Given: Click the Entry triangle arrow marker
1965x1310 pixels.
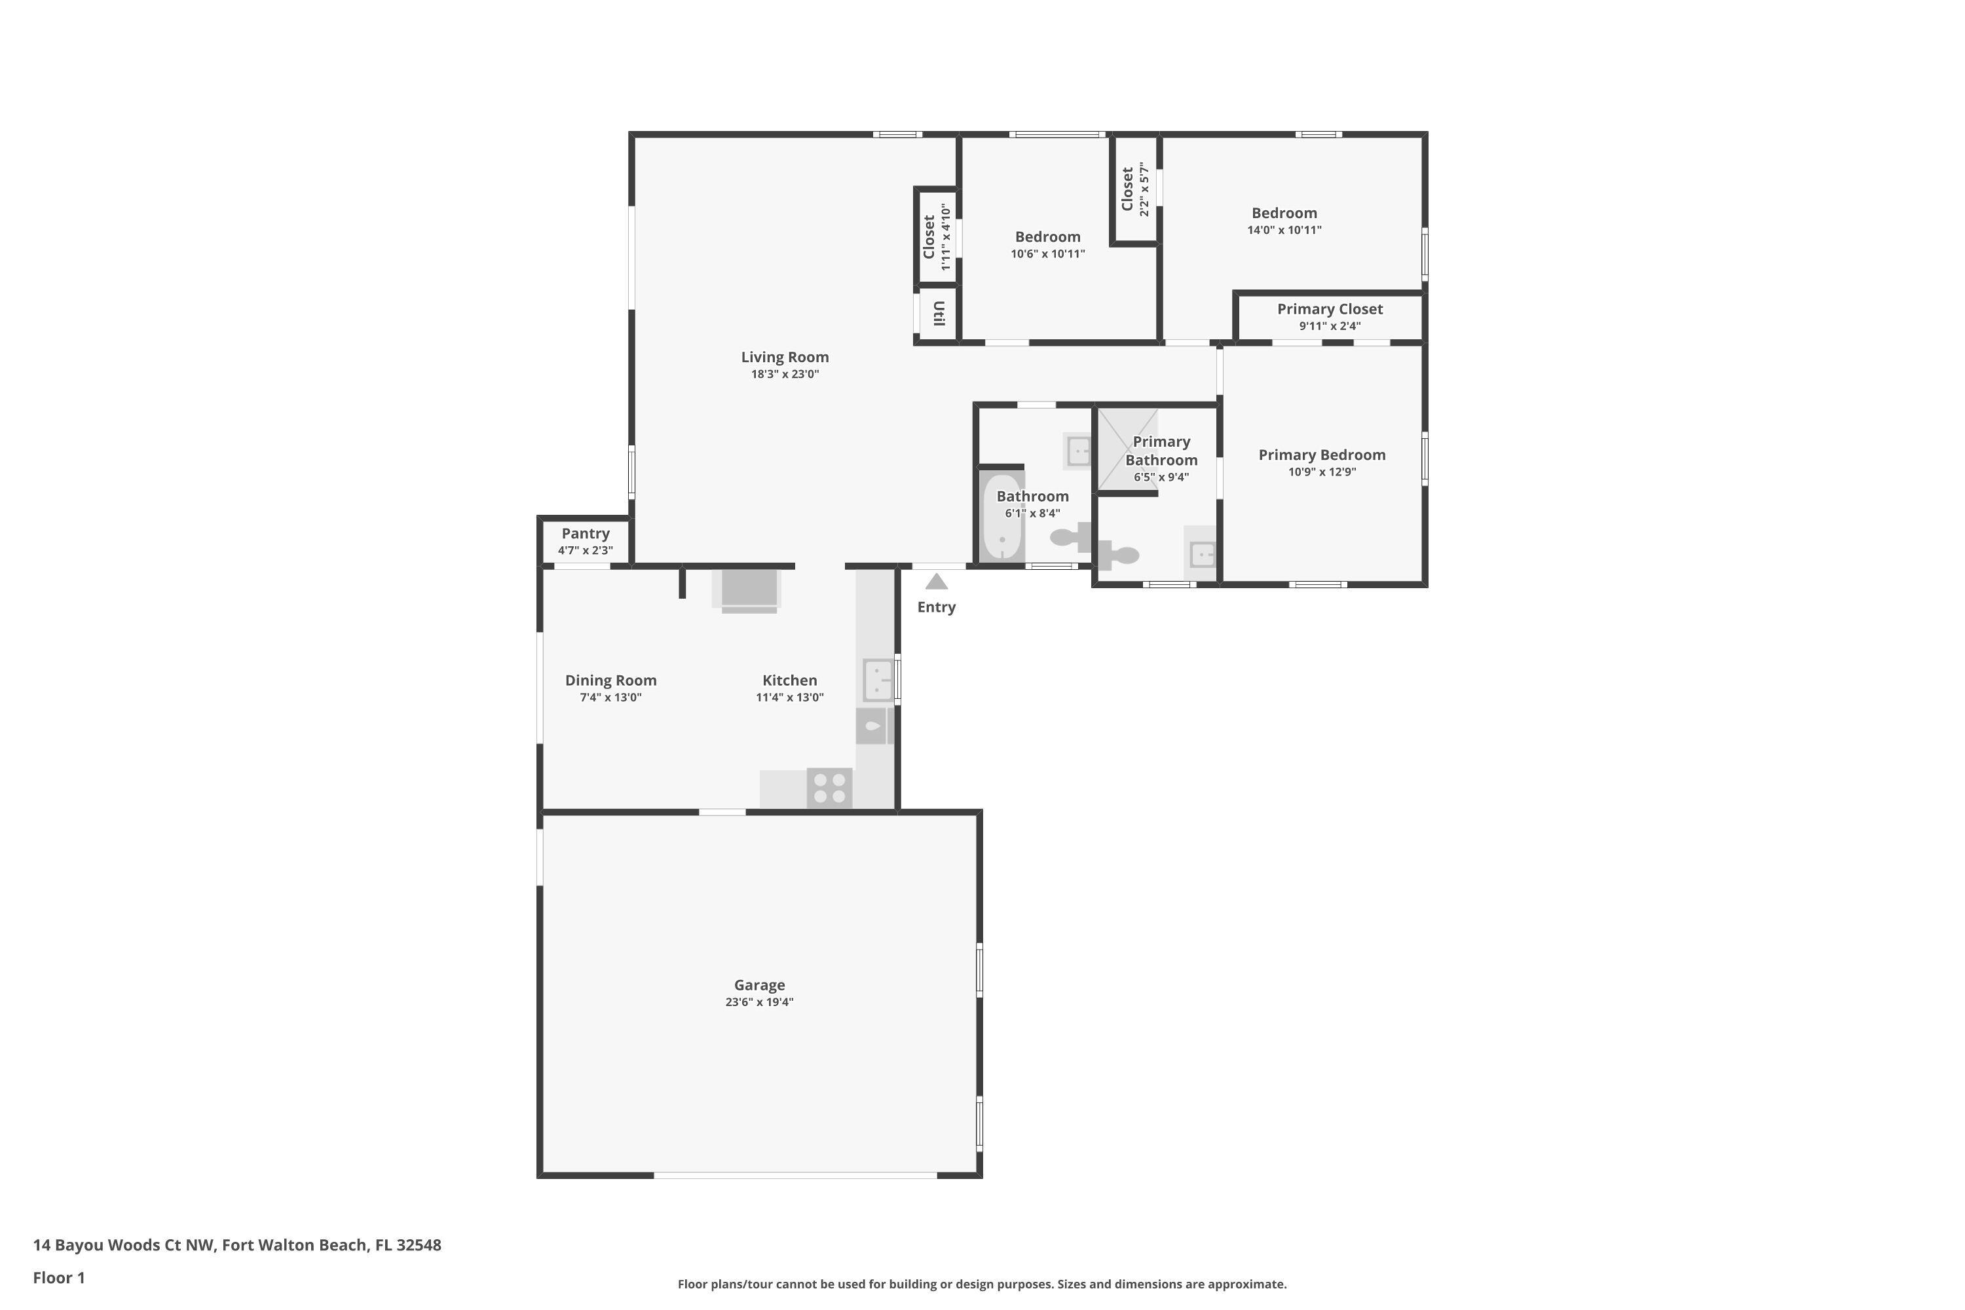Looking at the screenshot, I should (936, 582).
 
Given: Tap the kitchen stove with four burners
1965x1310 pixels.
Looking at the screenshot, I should (829, 788).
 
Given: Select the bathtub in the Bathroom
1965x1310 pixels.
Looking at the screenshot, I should (1001, 518).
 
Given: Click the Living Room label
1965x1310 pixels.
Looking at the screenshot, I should (785, 357).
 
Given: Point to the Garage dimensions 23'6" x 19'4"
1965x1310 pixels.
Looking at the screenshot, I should (758, 1001).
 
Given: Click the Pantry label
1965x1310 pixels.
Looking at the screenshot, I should (585, 533).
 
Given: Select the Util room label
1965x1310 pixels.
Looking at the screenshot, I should (938, 313).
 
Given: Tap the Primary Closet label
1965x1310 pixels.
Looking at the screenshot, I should (1329, 309).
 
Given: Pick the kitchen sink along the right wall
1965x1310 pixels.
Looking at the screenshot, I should (877, 679).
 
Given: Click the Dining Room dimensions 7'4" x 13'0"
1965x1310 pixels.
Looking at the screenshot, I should (610, 698).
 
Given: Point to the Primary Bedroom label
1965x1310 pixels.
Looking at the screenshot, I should (1322, 455).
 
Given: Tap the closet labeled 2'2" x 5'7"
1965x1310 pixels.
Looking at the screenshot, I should (1134, 190).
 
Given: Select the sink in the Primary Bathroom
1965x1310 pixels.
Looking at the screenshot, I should (1201, 554).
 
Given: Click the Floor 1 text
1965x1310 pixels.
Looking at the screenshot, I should (58, 1277).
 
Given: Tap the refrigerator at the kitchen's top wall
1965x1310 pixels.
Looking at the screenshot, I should (749, 589).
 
